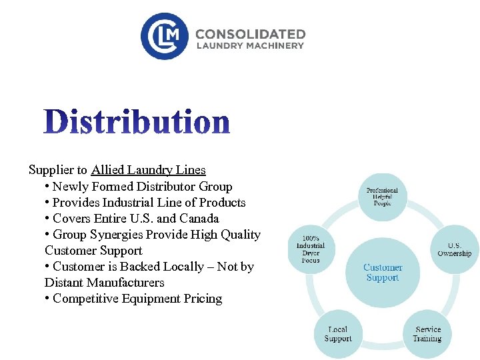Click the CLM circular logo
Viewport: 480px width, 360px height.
pyautogui.click(x=165, y=36)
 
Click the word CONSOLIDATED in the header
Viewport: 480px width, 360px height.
pyautogui.click(x=250, y=34)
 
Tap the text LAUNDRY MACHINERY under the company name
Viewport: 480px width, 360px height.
pyautogui.click(x=250, y=46)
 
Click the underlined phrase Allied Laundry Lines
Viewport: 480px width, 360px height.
pyautogui.click(x=149, y=170)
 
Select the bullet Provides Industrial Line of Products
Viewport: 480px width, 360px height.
pyautogui.click(x=149, y=203)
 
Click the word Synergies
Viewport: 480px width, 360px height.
pyautogui.click(x=119, y=235)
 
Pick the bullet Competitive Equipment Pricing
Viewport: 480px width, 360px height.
pyautogui.click(x=137, y=299)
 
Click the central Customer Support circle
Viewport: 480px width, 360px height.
pyautogui.click(x=383, y=272)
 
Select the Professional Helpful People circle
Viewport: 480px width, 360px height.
pyautogui.click(x=382, y=197)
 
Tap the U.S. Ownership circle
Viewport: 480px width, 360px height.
pyautogui.click(x=454, y=249)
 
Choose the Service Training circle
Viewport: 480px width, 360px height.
pyautogui.click(x=427, y=333)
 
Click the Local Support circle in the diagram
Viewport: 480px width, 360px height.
pyautogui.click(x=338, y=333)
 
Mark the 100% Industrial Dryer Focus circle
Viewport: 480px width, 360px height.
pyautogui.click(x=311, y=249)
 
